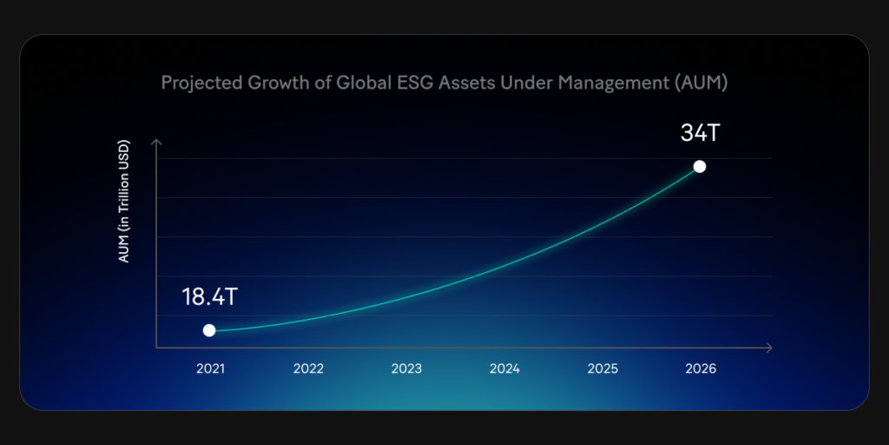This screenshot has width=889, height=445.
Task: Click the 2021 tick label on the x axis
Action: click(210, 369)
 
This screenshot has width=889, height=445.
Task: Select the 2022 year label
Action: click(308, 369)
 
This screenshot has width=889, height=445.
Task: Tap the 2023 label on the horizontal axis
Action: click(406, 369)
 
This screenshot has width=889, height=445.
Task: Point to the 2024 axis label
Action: click(504, 369)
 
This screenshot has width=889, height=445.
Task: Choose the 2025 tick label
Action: click(603, 369)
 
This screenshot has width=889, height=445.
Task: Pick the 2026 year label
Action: click(701, 369)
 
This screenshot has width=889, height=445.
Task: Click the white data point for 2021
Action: click(209, 330)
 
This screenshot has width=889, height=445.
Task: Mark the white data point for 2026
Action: click(700, 166)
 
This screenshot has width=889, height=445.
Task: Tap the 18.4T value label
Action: click(209, 296)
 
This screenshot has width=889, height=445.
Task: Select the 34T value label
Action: click(701, 135)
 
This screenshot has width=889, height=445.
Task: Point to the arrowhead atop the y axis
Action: click(156, 142)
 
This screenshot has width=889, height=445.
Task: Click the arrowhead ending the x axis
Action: click(768, 348)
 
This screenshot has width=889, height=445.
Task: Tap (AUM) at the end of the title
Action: click(700, 83)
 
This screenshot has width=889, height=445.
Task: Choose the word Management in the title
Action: click(610, 83)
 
